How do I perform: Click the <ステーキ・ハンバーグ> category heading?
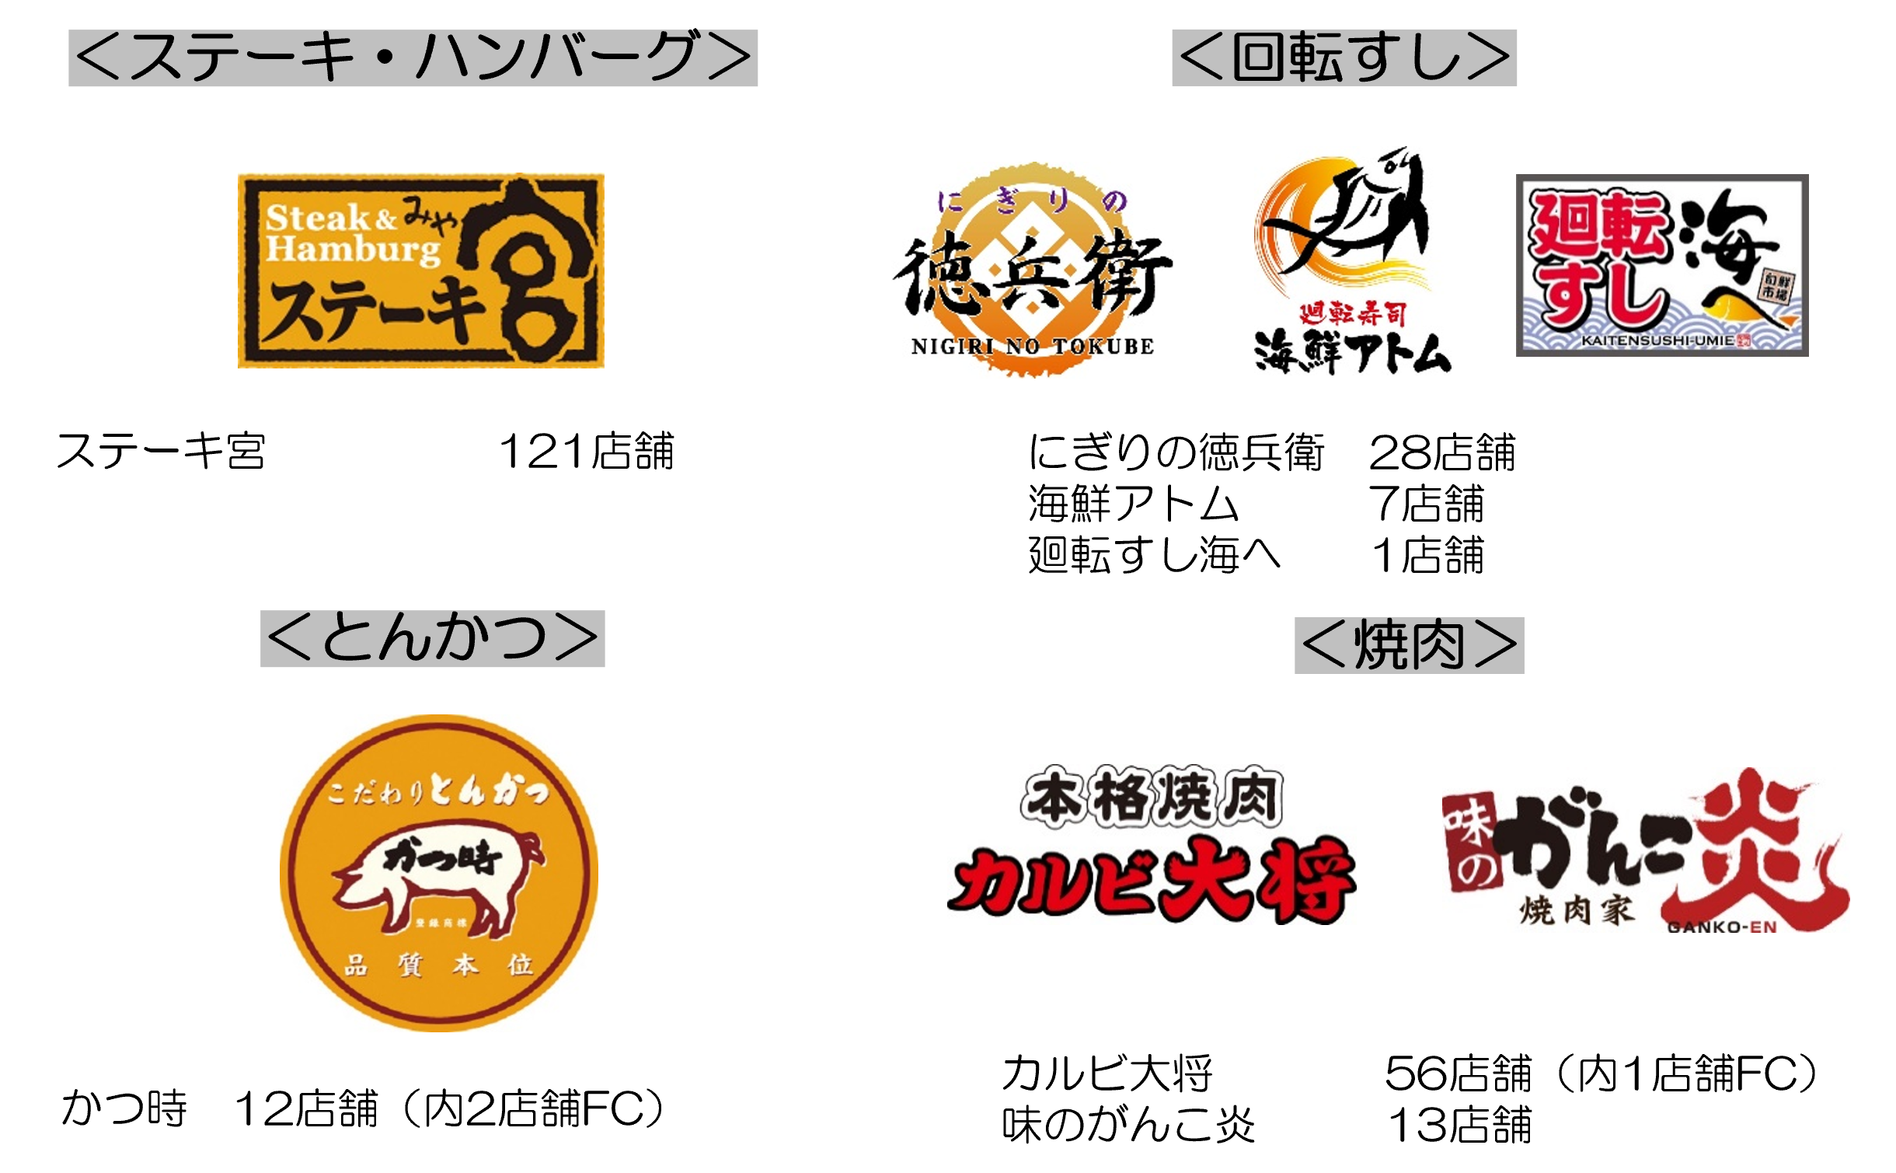pyautogui.click(x=413, y=58)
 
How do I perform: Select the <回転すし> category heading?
pyautogui.click(x=1344, y=58)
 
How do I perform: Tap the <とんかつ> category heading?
pyautogui.click(x=432, y=639)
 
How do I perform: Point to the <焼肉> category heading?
pyautogui.click(x=1409, y=645)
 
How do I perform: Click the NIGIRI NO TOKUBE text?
pyautogui.click(x=1032, y=347)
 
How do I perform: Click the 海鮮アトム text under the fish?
pyautogui.click(x=1352, y=354)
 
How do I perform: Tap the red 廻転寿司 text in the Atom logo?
pyautogui.click(x=1353, y=313)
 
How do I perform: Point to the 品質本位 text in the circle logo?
pyautogui.click(x=439, y=965)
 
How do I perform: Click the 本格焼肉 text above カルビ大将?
pyautogui.click(x=1152, y=797)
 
